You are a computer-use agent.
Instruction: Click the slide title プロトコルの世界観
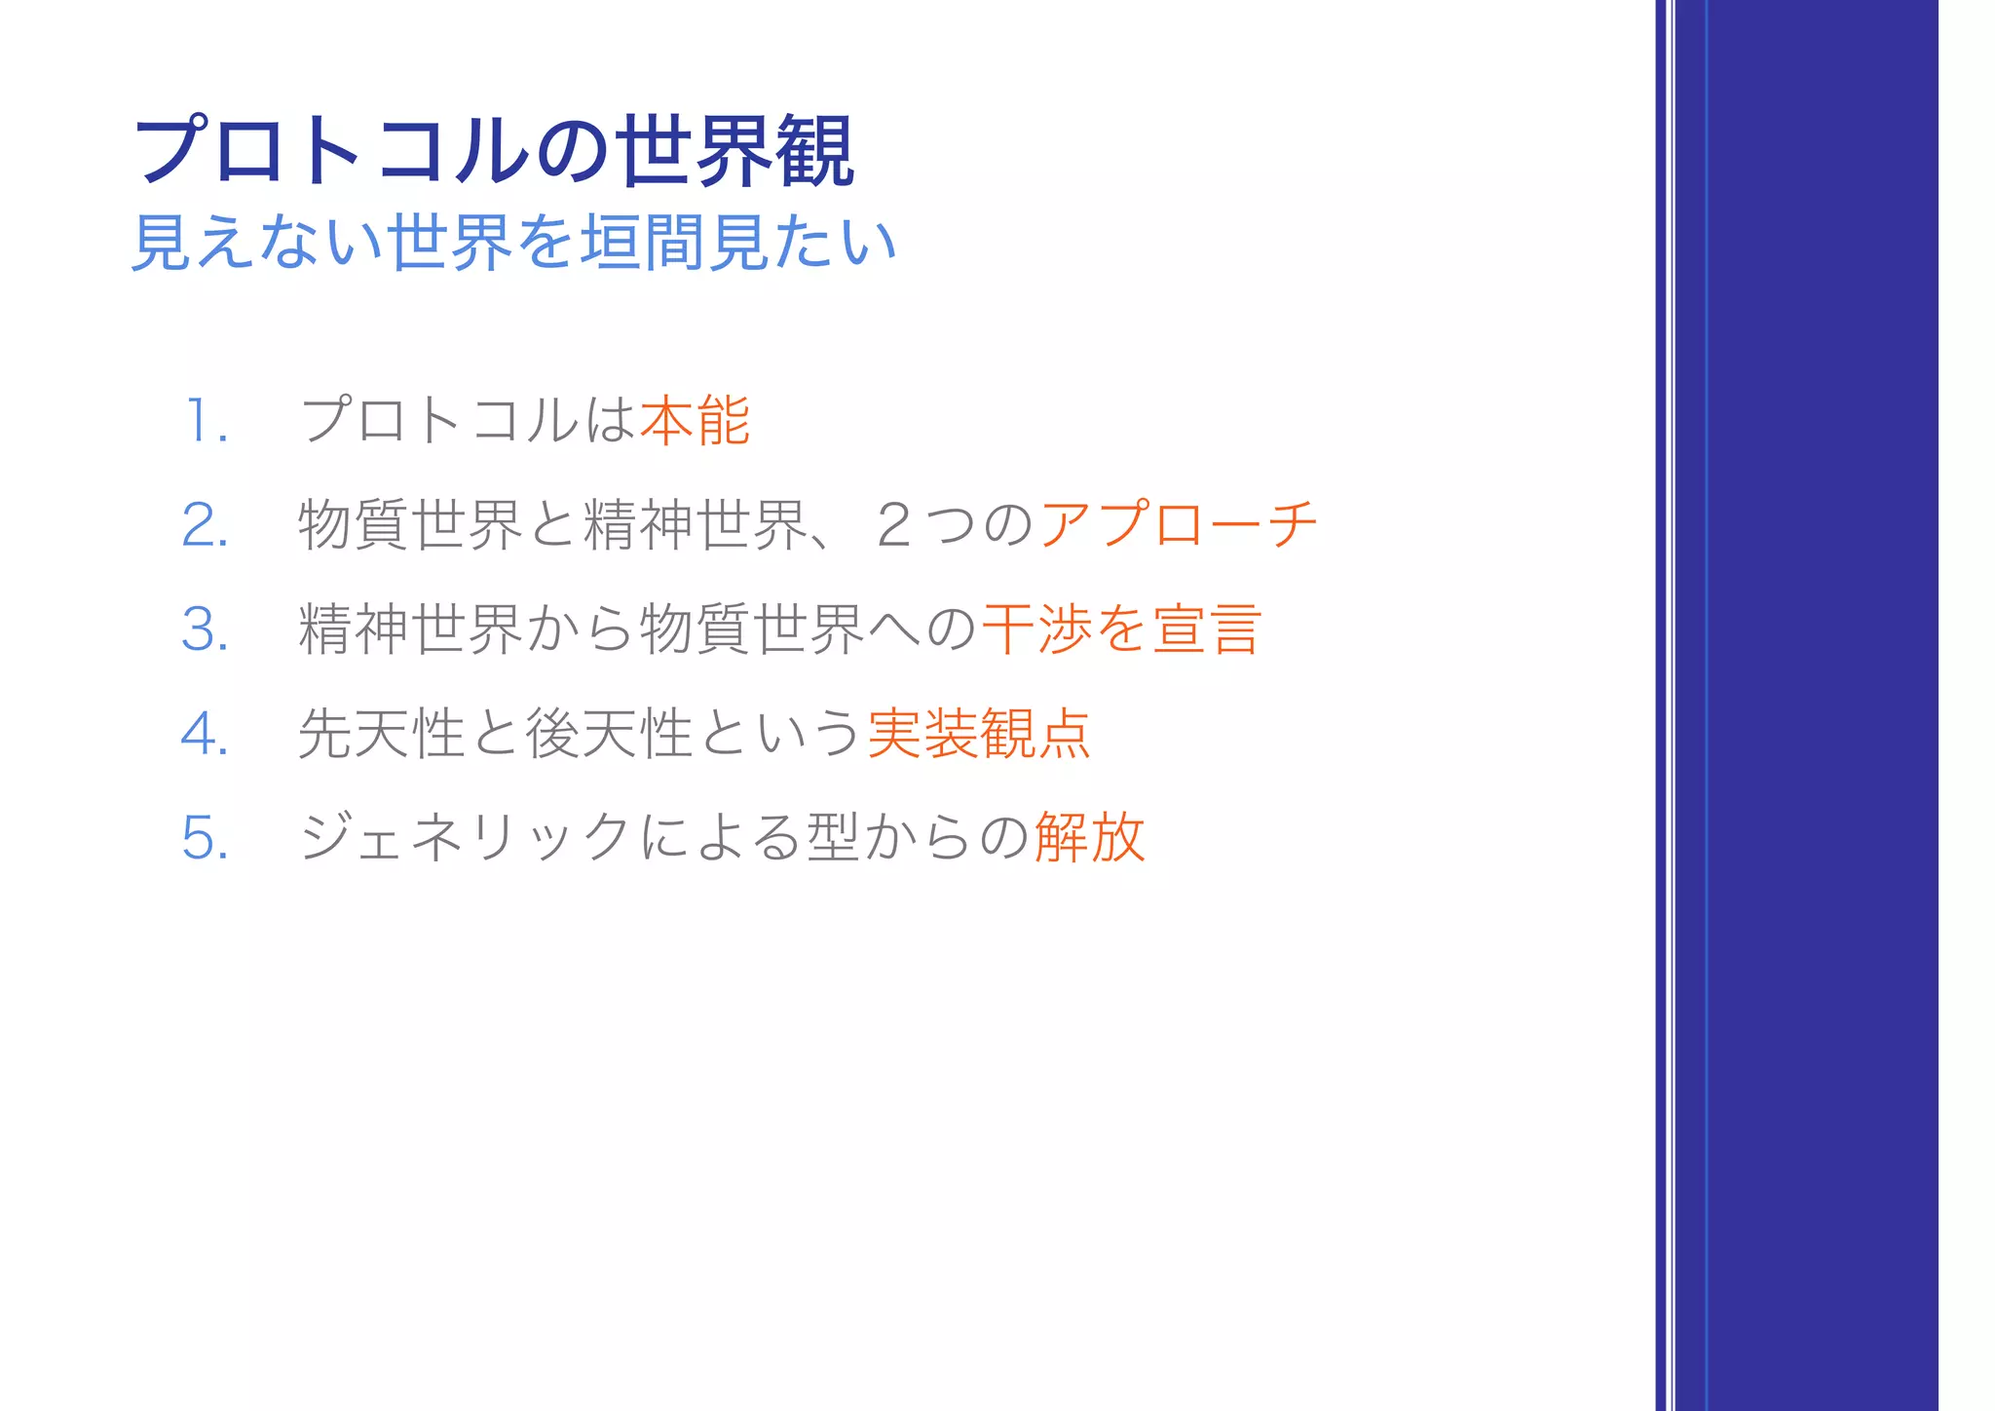click(494, 151)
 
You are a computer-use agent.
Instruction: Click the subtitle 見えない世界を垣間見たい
click(513, 243)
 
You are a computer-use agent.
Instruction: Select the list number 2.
click(206, 526)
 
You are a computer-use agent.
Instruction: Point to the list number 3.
click(206, 629)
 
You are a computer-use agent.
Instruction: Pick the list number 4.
click(206, 734)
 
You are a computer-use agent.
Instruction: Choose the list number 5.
click(206, 838)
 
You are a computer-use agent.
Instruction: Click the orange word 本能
click(695, 421)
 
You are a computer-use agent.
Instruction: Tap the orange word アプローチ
click(1179, 525)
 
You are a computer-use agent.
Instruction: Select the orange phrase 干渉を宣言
click(1122, 629)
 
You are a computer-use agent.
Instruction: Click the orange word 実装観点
click(978, 734)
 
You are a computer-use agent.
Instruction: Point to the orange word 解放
click(1089, 837)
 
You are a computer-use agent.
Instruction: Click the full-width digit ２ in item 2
click(893, 525)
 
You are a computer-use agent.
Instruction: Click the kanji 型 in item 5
click(833, 837)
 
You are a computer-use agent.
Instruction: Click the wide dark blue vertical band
click(1822, 705)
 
